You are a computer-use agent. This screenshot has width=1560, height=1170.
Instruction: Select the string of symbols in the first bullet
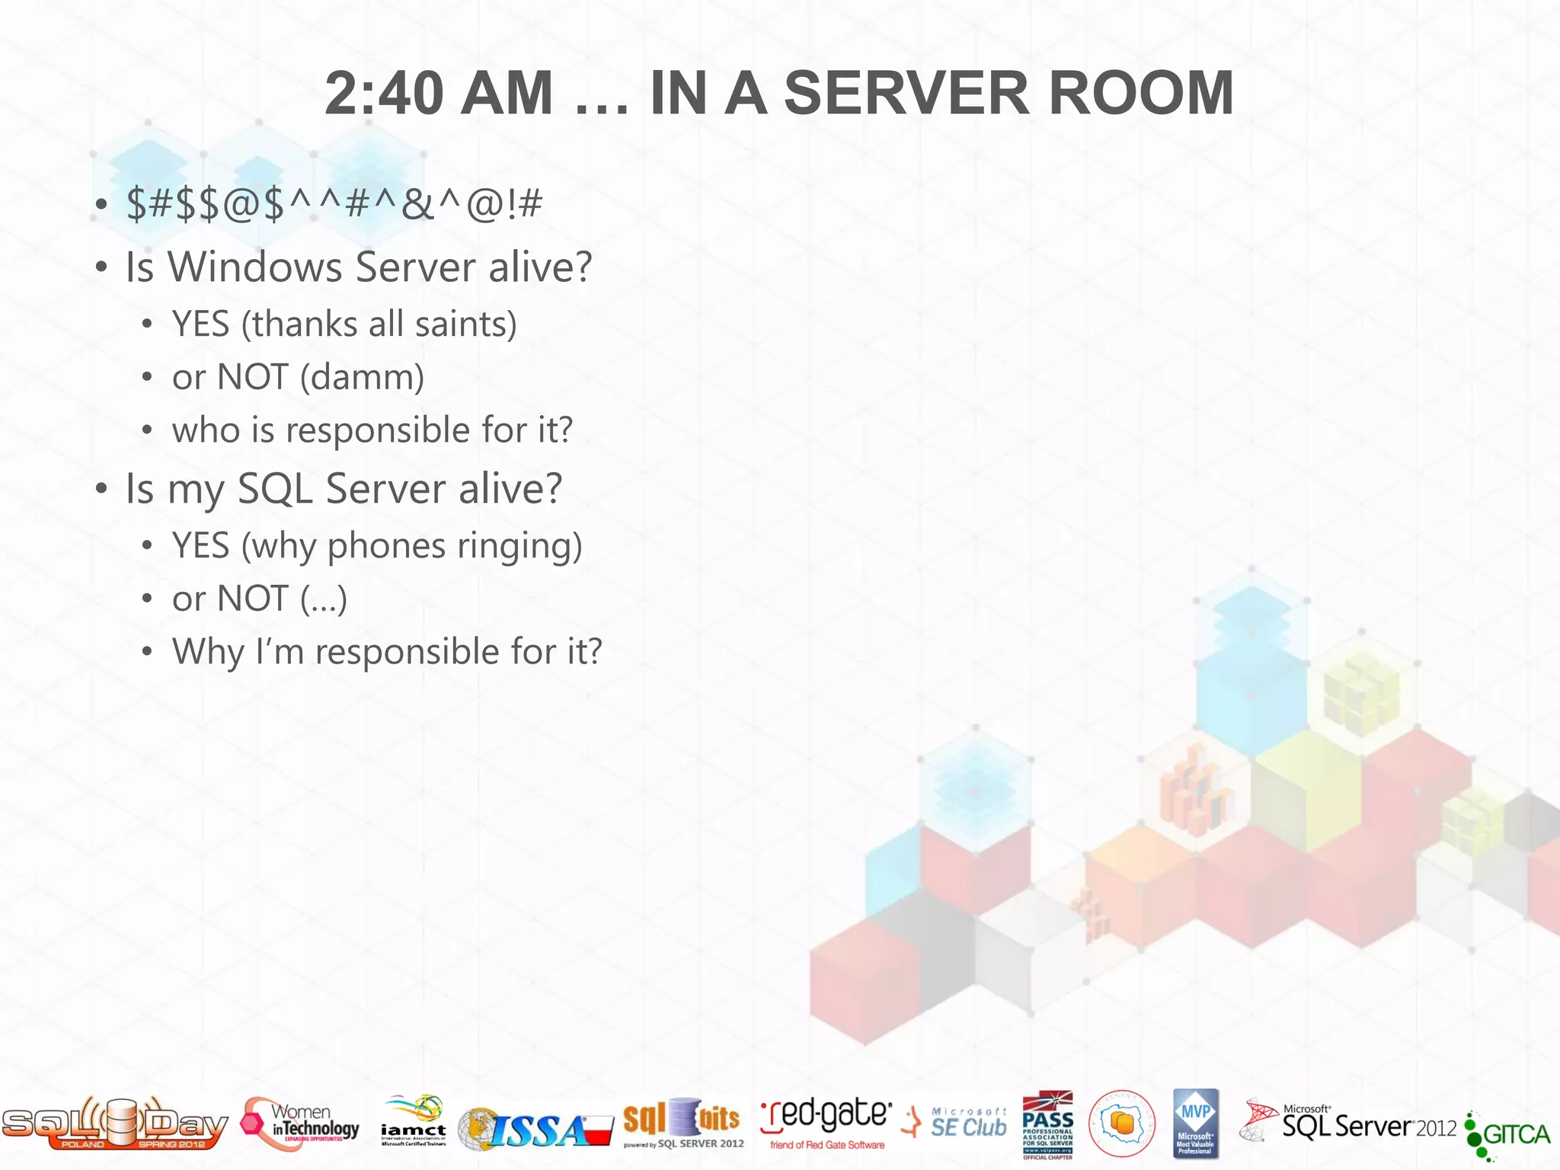[x=334, y=205]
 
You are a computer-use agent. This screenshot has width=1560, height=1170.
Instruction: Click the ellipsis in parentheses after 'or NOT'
[x=323, y=599]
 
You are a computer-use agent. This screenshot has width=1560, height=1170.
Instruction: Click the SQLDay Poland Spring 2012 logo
[x=114, y=1123]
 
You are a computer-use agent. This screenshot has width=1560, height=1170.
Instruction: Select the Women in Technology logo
[x=301, y=1124]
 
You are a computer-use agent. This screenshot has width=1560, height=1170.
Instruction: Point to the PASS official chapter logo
[x=1047, y=1124]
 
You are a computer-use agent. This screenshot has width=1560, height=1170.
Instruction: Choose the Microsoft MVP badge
[x=1195, y=1124]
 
